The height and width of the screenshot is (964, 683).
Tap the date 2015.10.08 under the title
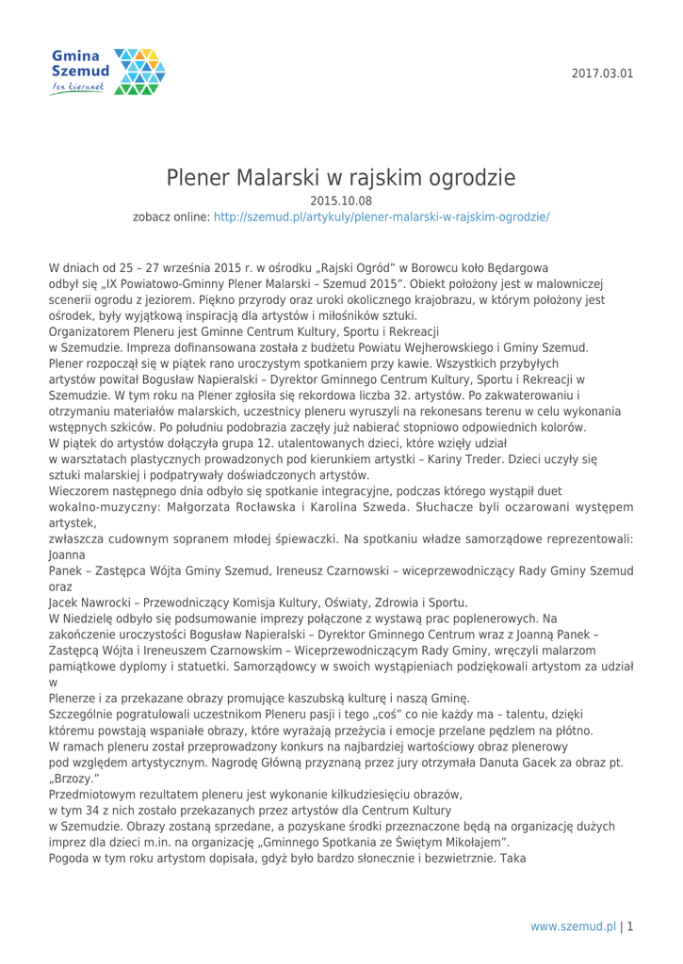(341, 200)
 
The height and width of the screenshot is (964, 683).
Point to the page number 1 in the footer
(628, 926)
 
